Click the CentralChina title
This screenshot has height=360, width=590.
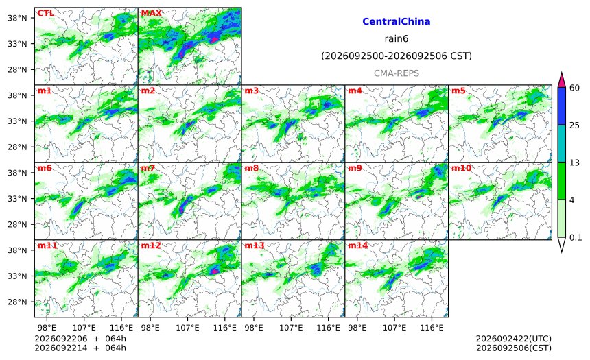point(397,21)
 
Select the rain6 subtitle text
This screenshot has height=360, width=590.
point(397,39)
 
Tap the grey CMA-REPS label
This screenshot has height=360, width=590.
point(397,73)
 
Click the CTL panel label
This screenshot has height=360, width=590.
point(45,13)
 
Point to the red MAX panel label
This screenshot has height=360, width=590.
point(151,13)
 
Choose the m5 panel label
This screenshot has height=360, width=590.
point(458,91)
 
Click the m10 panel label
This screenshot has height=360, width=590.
point(461,168)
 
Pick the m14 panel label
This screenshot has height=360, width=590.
point(357,245)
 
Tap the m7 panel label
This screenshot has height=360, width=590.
point(148,168)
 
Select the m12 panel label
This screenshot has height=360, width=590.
point(151,245)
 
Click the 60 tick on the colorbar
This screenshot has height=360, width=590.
point(575,88)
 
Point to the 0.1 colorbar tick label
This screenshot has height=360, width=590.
point(576,238)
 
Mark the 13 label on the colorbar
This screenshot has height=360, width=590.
point(575,163)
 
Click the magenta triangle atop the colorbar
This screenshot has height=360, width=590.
point(561,80)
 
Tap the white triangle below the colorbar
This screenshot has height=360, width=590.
point(561,244)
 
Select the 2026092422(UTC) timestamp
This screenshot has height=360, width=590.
point(514,339)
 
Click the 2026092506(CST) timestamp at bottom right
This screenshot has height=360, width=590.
point(514,348)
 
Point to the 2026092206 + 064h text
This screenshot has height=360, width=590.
point(80,339)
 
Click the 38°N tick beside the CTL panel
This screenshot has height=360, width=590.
point(17,18)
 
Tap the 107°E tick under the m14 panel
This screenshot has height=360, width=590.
point(394,328)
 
